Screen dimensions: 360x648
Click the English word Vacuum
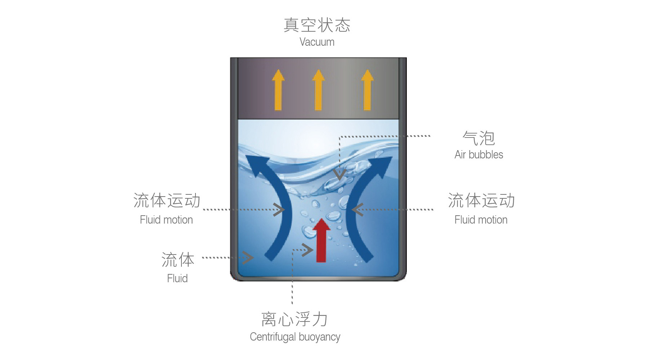tap(317, 42)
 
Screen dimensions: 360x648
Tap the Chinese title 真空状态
tap(317, 25)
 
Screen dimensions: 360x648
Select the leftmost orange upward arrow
tap(278, 90)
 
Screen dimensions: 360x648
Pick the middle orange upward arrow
tap(318, 90)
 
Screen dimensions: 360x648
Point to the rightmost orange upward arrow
tap(367, 90)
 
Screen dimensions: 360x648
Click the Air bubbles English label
tap(478, 155)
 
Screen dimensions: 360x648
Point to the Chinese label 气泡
tap(478, 138)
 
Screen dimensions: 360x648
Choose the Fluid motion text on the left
tap(166, 220)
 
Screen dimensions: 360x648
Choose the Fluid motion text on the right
tap(481, 220)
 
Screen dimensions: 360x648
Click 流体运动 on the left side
tap(167, 201)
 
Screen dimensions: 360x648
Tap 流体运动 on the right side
tap(481, 201)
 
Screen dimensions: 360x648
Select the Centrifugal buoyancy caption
tap(295, 337)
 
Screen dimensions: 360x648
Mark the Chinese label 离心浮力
tap(294, 319)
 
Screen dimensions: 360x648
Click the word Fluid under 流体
tap(177, 278)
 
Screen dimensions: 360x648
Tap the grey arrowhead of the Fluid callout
tap(248, 257)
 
